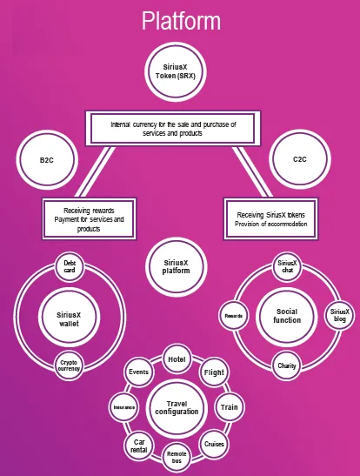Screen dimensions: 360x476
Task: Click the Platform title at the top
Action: [181, 21]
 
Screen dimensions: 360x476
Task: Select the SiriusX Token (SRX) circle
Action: [176, 72]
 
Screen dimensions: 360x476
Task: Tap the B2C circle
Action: [47, 160]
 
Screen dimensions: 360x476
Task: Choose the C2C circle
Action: [300, 159]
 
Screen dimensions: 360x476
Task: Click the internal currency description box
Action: [173, 129]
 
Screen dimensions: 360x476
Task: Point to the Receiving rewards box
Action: [90, 219]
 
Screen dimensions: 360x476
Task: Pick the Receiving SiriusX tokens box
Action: [270, 219]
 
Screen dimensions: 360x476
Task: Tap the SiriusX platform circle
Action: [177, 267]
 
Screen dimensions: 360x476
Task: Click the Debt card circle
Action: [70, 266]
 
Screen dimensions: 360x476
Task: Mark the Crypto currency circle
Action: [70, 365]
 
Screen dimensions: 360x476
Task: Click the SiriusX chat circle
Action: [287, 266]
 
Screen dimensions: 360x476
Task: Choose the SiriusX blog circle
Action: [340, 315]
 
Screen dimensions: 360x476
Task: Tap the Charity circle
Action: [287, 365]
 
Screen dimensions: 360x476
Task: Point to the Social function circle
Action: [287, 317]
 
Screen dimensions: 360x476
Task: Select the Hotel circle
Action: [177, 359]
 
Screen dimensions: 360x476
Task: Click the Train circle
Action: [230, 407]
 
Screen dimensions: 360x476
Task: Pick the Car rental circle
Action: [139, 446]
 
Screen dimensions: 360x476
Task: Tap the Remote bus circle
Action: [177, 457]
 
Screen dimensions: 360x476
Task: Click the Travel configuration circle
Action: [177, 408]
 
